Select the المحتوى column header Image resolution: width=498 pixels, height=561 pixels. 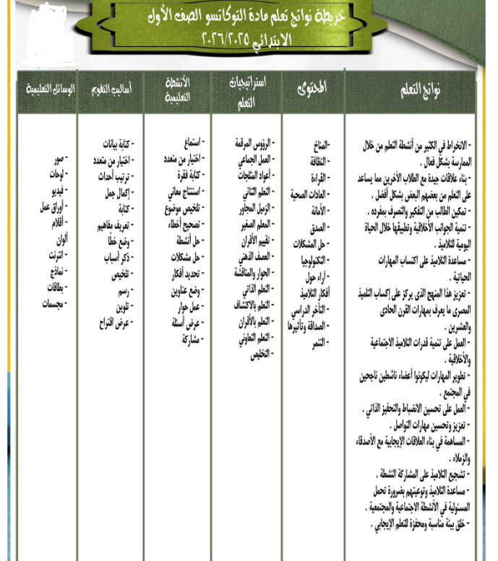[x=312, y=88]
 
